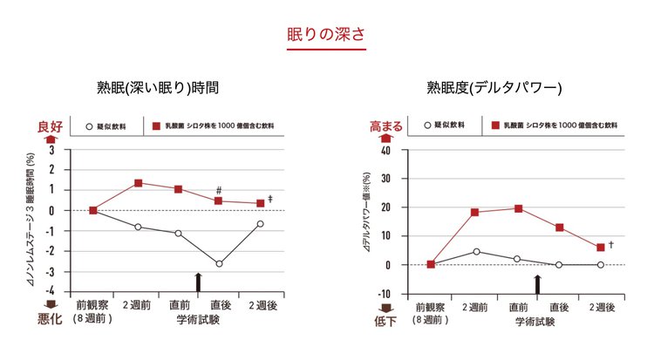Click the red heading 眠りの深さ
[x=325, y=36]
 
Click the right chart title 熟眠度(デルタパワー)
[x=494, y=88]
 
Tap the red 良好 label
[x=51, y=126]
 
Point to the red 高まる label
[x=387, y=126]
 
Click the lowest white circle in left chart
[x=219, y=263]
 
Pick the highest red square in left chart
[x=139, y=183]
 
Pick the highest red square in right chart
[x=518, y=208]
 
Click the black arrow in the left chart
[x=199, y=282]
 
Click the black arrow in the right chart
[x=538, y=283]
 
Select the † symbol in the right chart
[x=612, y=244]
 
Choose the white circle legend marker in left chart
[x=88, y=126]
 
